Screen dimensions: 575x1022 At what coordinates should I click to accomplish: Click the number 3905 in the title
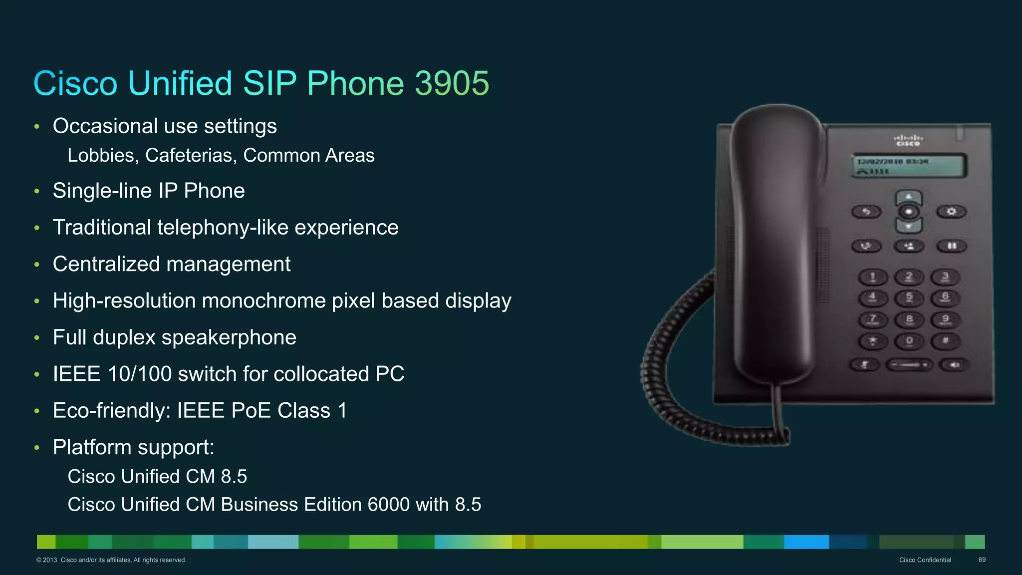coord(452,83)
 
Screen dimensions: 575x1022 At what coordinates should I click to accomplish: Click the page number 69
coord(982,560)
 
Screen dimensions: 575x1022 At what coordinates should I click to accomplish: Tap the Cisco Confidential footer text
coord(925,560)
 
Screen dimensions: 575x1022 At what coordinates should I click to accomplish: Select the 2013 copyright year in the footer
coord(50,560)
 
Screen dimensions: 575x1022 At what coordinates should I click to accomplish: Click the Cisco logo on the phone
coord(908,140)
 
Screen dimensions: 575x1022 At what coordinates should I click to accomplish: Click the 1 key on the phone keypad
coord(872,277)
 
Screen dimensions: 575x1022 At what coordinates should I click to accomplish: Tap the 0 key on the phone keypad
coord(909,341)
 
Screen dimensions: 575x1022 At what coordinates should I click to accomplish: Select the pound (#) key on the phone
coord(945,341)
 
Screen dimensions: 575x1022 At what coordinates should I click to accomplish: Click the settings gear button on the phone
coord(951,212)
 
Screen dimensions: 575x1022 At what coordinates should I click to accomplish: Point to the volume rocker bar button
coord(909,365)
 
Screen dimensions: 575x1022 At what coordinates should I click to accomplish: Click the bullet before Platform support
coord(37,448)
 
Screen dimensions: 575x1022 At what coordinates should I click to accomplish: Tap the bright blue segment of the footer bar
coord(806,542)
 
